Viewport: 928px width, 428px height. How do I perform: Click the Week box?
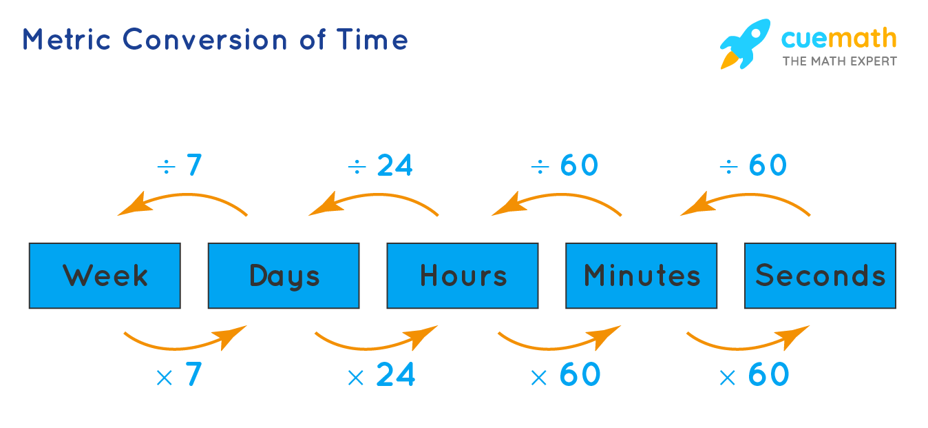click(105, 276)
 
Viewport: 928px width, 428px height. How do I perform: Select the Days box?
click(284, 276)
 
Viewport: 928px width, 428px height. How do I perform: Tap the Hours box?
click(463, 276)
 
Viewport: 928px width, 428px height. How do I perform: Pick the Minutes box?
click(642, 276)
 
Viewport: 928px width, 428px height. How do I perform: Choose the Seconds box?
click(821, 276)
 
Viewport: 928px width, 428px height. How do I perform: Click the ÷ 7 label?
click(180, 165)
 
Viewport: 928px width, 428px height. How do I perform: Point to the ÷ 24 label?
click(380, 165)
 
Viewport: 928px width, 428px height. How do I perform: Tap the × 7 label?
click(179, 374)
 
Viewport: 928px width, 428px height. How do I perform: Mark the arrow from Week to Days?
click(178, 348)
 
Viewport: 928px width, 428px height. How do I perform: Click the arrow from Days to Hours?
click(369, 348)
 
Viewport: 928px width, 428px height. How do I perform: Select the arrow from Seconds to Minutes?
click(749, 194)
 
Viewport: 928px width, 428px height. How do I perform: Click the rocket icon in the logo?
click(745, 43)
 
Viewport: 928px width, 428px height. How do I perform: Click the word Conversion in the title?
click(204, 40)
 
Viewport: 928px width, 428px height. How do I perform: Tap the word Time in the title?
click(372, 40)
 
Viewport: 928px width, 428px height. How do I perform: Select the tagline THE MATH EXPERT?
click(840, 61)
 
